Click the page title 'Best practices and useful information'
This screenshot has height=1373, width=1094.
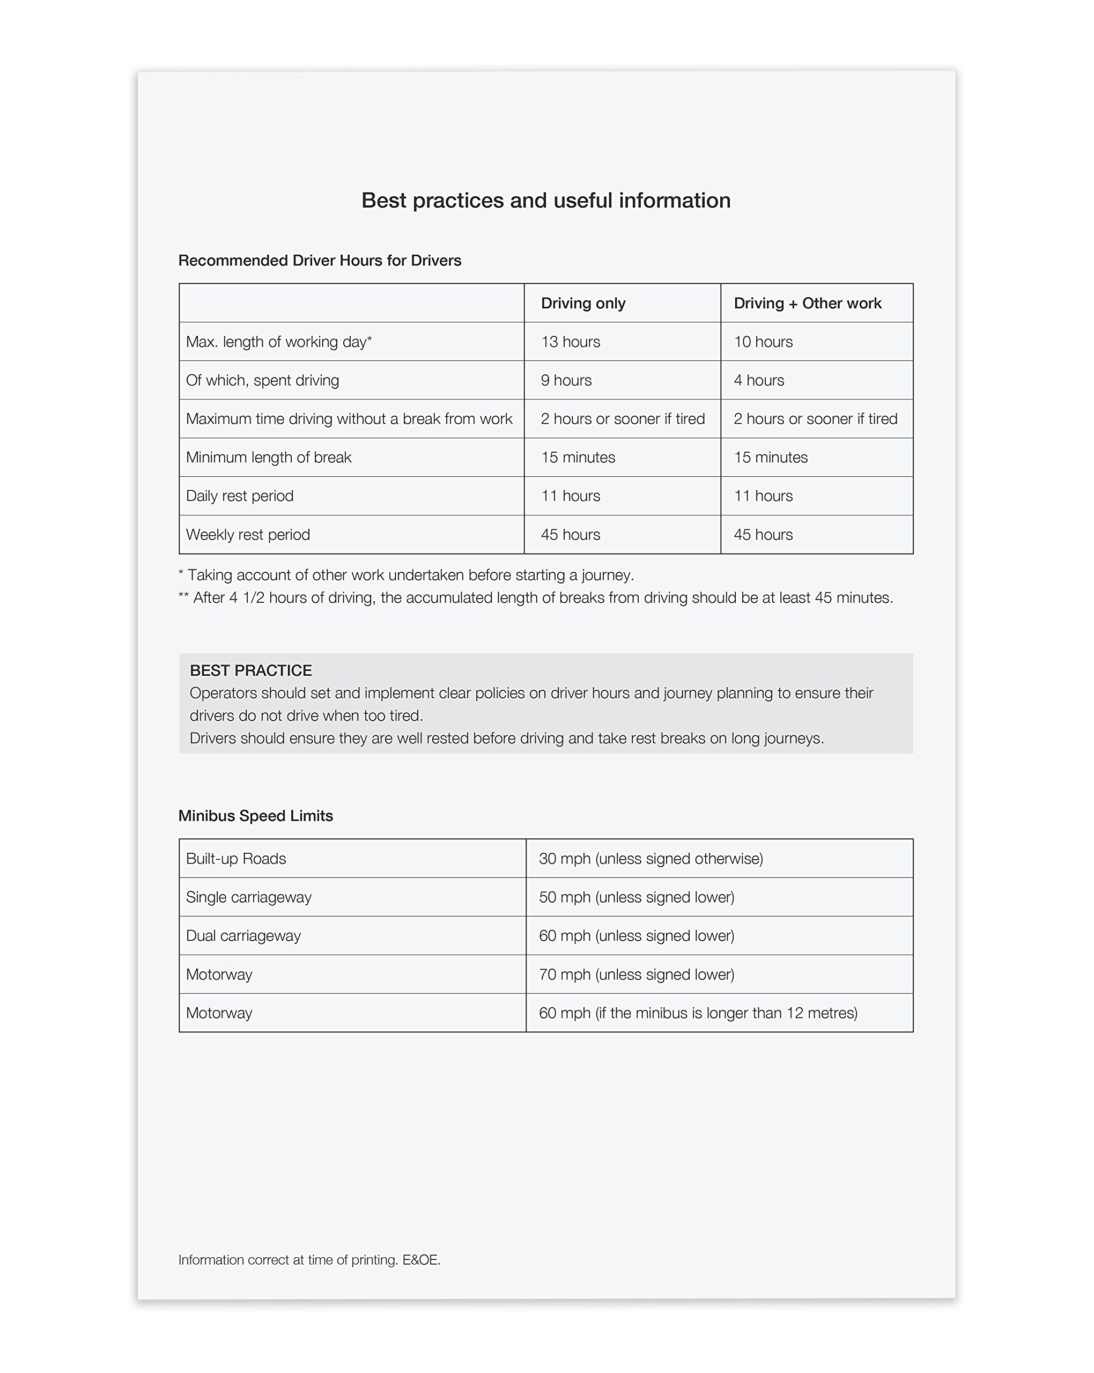(x=546, y=201)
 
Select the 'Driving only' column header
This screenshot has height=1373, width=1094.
(x=582, y=303)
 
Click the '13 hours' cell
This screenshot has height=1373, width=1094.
(x=570, y=342)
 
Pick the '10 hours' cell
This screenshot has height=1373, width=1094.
(x=763, y=342)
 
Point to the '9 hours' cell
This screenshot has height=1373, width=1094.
(x=566, y=380)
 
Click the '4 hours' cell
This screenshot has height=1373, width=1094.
(x=758, y=380)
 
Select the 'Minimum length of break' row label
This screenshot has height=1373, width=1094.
(x=268, y=457)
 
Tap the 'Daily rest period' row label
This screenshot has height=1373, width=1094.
(x=239, y=496)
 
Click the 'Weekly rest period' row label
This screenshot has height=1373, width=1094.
(x=248, y=535)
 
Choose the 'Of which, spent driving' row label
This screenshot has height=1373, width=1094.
(x=262, y=380)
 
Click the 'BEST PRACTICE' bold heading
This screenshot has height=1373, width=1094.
(x=250, y=670)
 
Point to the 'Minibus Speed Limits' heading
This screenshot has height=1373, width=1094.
(x=255, y=816)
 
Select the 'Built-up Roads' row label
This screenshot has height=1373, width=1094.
(x=235, y=859)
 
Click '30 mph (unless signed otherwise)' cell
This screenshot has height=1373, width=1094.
(x=650, y=859)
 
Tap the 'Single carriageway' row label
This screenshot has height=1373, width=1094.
(x=248, y=897)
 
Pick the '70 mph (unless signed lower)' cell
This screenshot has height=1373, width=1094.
(x=636, y=975)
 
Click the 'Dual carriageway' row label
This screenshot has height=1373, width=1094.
(x=243, y=936)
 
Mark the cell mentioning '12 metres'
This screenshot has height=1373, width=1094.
(x=698, y=1013)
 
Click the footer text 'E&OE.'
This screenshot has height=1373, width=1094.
(x=421, y=1260)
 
